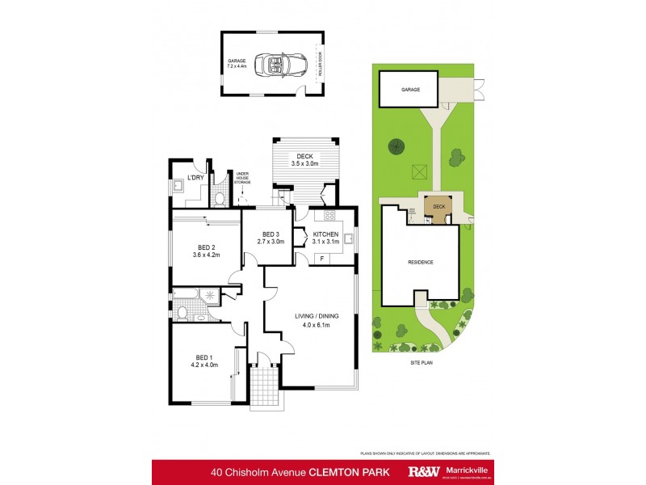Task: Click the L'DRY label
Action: click(x=195, y=177)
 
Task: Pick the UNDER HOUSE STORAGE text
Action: click(x=242, y=178)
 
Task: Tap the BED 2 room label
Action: click(x=206, y=251)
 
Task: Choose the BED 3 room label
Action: click(x=270, y=237)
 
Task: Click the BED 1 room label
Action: click(x=202, y=361)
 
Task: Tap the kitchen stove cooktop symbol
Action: click(x=329, y=215)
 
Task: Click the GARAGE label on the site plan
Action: click(x=411, y=90)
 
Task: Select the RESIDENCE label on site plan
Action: click(x=420, y=262)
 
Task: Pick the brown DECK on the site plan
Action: click(x=438, y=207)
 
